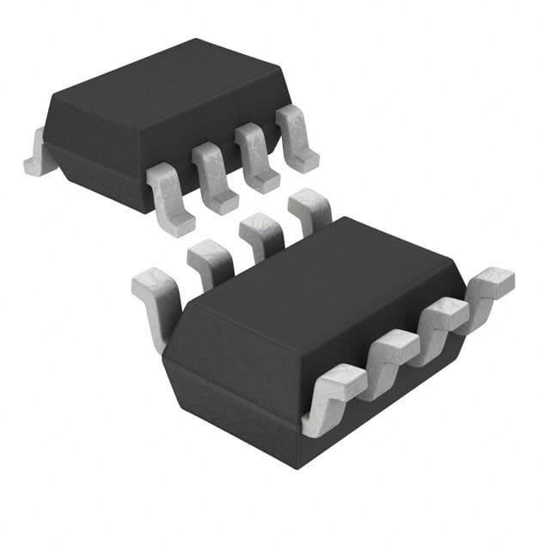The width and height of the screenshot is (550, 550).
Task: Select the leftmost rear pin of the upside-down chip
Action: tap(156, 301)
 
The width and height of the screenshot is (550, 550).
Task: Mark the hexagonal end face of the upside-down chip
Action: tap(232, 387)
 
